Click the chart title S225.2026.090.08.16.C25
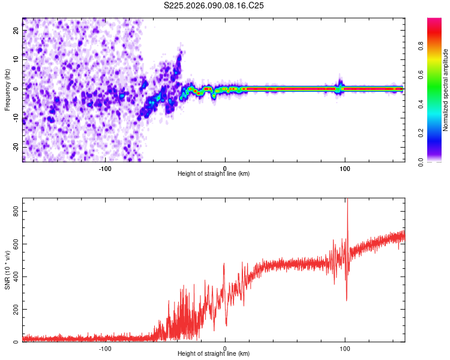click(214, 6)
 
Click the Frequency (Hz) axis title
click(7, 89)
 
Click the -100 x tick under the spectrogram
click(106, 167)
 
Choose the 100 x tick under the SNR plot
click(345, 347)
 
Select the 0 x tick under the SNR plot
click(225, 347)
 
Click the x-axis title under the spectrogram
click(214, 173)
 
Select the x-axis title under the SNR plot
click(214, 353)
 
